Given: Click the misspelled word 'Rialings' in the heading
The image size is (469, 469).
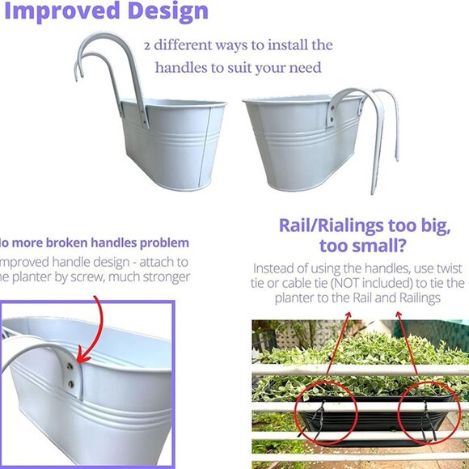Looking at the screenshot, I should (x=349, y=225).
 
